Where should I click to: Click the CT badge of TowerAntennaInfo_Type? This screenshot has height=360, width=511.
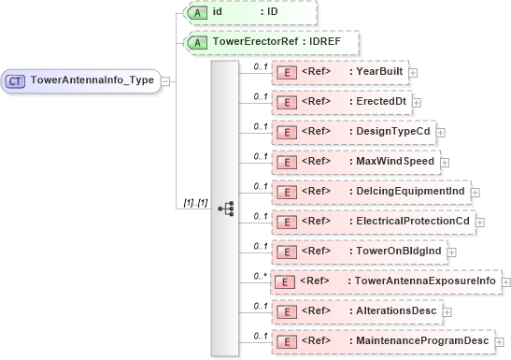[x=16, y=81]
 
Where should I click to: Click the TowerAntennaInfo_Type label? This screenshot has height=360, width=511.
[x=92, y=81]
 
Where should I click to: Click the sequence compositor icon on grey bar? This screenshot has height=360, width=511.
[x=225, y=209]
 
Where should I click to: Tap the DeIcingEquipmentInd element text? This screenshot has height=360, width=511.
[x=405, y=192]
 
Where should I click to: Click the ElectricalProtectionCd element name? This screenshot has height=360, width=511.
[x=412, y=222]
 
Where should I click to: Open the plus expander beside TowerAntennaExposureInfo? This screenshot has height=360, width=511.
[x=505, y=281]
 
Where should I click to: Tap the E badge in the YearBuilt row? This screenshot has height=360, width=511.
[x=289, y=72]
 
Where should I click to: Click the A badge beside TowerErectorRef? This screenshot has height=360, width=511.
[x=197, y=42]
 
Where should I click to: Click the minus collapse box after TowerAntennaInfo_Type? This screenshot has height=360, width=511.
[x=165, y=81]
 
